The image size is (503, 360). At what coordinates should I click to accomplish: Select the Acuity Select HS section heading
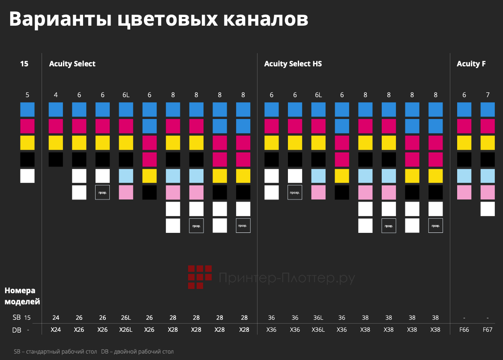(293, 64)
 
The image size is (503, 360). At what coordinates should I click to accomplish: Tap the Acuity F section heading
(471, 64)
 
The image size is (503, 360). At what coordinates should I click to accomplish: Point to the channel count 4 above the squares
(56, 95)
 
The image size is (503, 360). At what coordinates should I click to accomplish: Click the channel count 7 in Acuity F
(488, 95)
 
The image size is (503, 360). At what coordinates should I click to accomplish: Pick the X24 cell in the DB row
(56, 330)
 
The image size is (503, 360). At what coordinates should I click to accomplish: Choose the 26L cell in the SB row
(126, 318)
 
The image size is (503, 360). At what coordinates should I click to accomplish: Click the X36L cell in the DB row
(318, 330)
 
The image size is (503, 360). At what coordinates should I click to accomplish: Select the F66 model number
(464, 330)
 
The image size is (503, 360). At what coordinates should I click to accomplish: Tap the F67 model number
(488, 330)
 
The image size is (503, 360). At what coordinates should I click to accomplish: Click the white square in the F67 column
(488, 209)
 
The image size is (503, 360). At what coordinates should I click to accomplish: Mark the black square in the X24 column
(56, 159)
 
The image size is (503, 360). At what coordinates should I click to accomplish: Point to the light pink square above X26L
(126, 192)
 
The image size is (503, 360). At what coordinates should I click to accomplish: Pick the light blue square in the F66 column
(464, 176)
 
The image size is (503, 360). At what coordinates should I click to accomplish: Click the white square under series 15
(27, 176)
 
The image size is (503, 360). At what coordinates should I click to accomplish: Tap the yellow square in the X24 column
(56, 143)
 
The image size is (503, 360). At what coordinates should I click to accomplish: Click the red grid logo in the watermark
(200, 277)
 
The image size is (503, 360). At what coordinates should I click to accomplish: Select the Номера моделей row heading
(22, 296)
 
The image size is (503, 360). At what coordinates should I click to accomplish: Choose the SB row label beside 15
(16, 318)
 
